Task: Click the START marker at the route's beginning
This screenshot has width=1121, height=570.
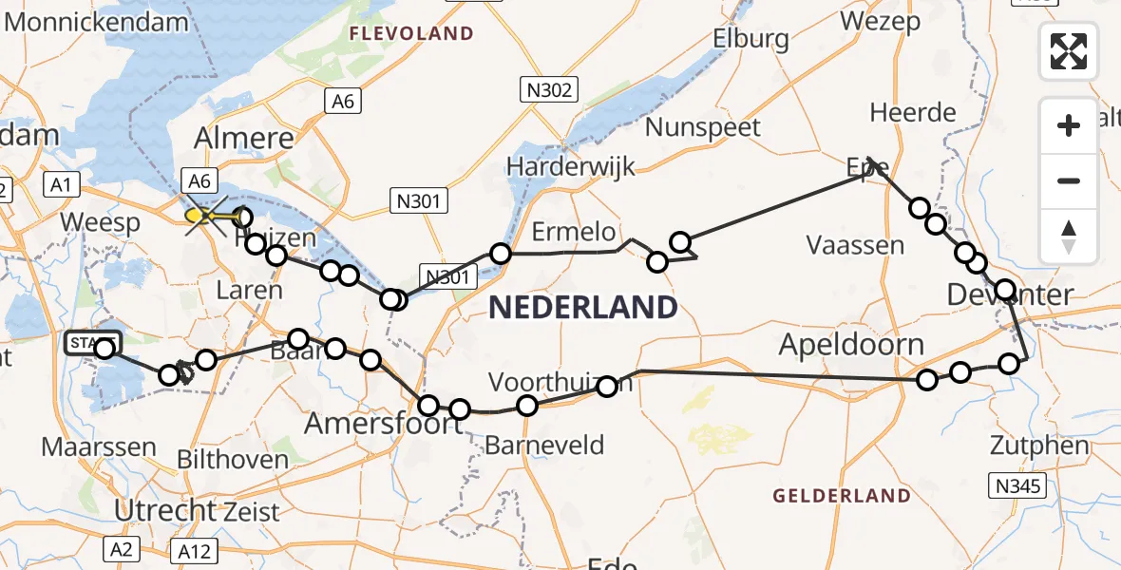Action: pos(92,341)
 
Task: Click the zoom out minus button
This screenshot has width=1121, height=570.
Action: pos(1069,180)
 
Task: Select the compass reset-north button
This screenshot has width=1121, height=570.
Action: pos(1069,235)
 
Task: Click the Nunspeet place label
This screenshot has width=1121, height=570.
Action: pos(703,127)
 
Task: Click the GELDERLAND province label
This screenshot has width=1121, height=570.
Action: pos(841,495)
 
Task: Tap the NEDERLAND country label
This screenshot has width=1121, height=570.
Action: pos(582,307)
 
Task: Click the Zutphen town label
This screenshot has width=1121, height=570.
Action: pos(1038,445)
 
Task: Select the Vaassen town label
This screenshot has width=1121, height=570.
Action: pos(855,245)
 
